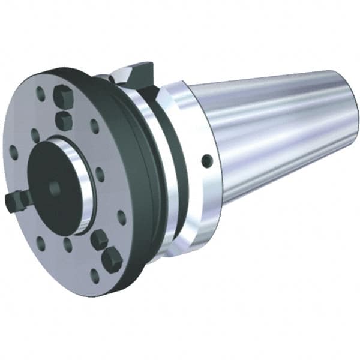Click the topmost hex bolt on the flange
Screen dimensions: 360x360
(x=61, y=96)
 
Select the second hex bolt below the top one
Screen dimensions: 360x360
(x=64, y=120)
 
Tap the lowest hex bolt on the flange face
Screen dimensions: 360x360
(x=112, y=260)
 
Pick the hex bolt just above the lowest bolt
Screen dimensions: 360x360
(x=99, y=239)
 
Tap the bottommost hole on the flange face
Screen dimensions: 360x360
(x=94, y=277)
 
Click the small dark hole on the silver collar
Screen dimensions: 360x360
(x=206, y=160)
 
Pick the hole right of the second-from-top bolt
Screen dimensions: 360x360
(x=94, y=126)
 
